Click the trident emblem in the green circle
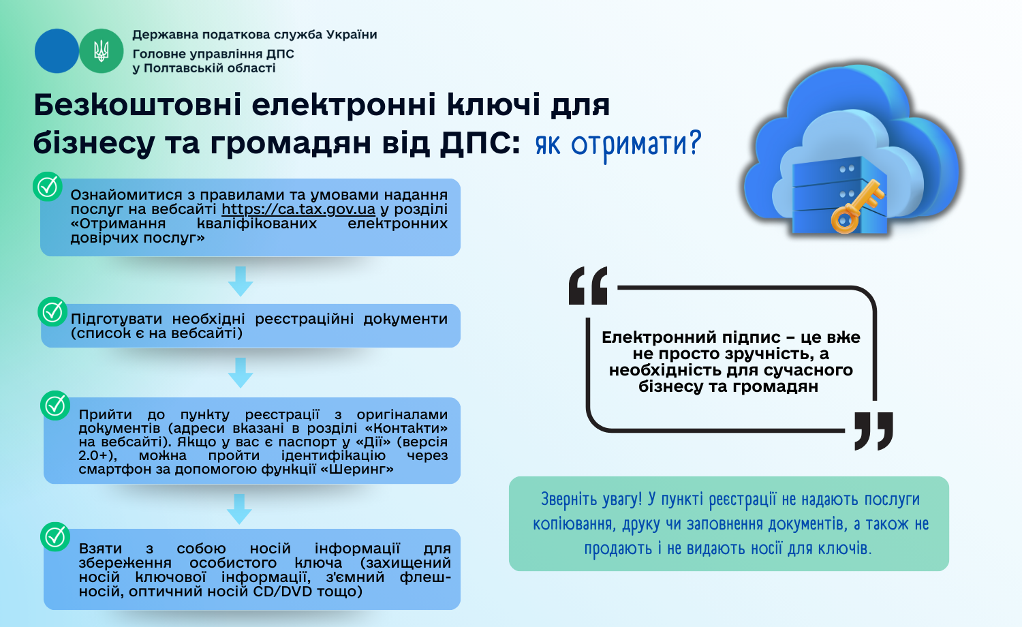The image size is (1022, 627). [x=102, y=50]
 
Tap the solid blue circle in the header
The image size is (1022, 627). [x=57, y=50]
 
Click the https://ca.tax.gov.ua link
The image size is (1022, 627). [x=298, y=209]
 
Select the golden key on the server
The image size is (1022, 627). [x=857, y=207]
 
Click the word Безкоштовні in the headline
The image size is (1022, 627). [x=138, y=104]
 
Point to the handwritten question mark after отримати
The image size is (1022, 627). [x=694, y=142]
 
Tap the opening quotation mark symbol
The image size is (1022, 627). [x=588, y=286]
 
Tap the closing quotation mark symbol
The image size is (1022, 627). [x=873, y=431]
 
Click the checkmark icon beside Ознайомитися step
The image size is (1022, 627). [x=48, y=187]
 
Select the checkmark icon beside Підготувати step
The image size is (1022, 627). [x=52, y=312]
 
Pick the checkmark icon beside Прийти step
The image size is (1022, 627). [x=55, y=406]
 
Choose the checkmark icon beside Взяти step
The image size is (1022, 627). [x=55, y=536]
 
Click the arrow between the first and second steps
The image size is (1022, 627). [x=241, y=281]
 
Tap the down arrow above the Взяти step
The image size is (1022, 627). [x=239, y=509]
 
